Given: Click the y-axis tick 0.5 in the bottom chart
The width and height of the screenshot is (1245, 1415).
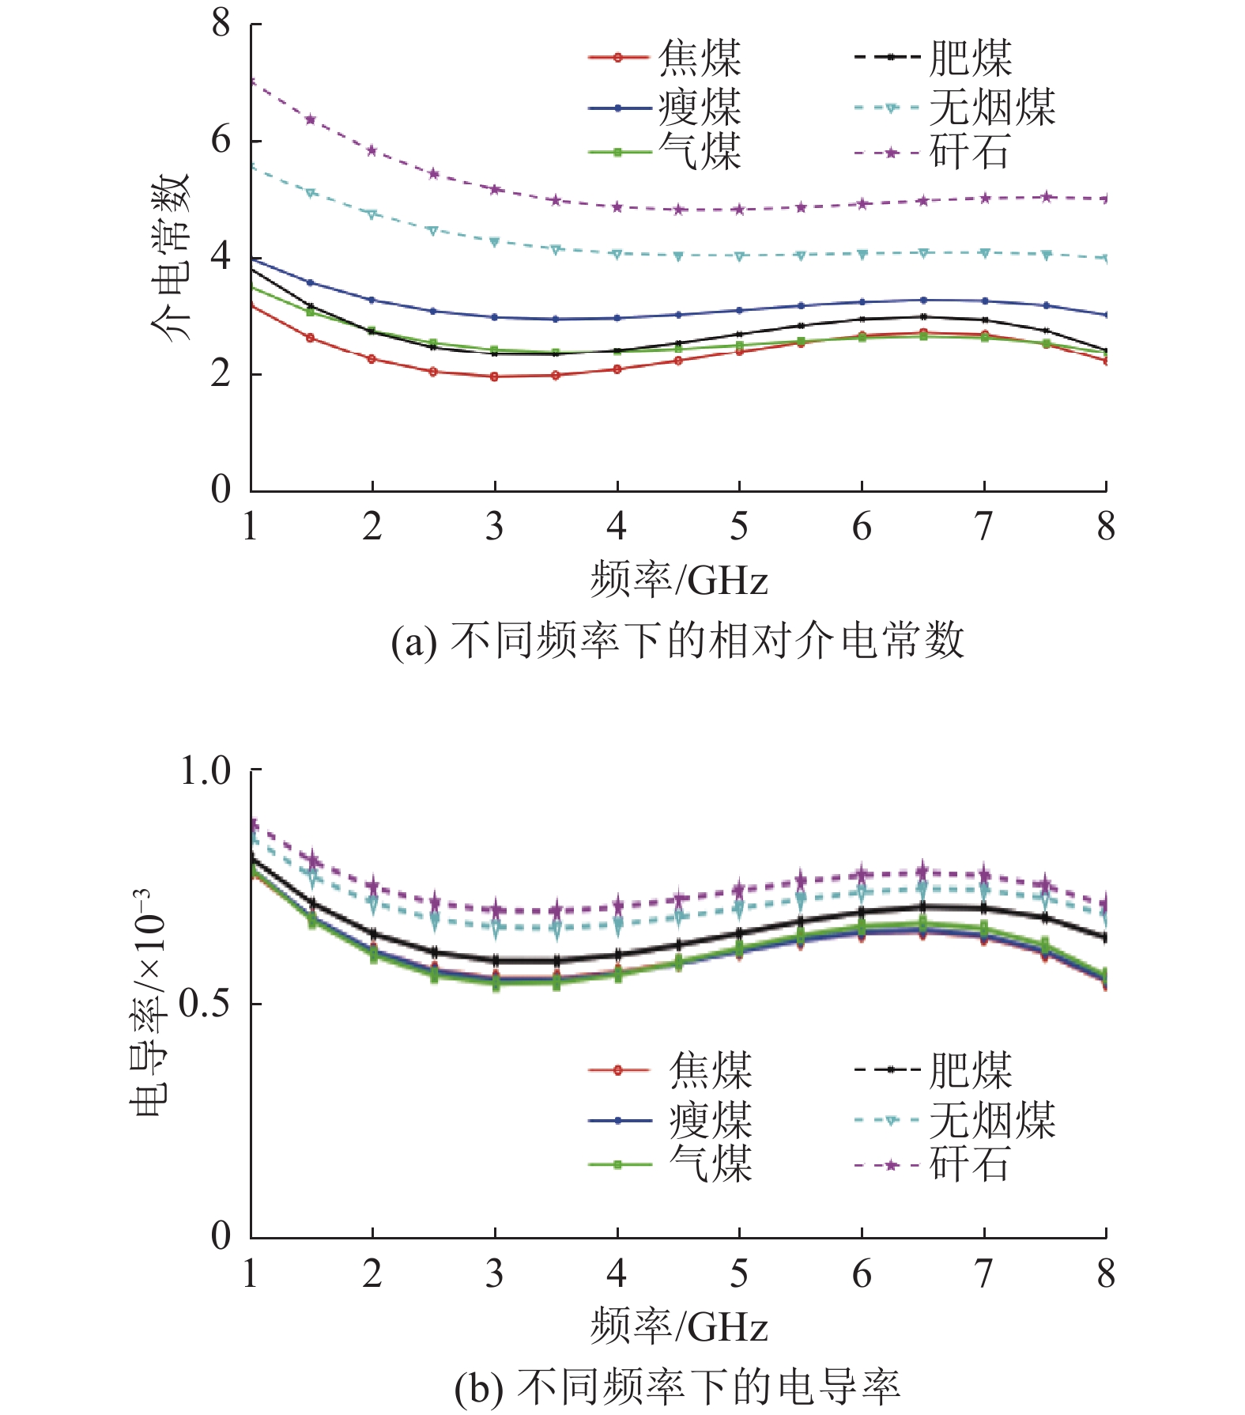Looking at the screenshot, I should [204, 1004].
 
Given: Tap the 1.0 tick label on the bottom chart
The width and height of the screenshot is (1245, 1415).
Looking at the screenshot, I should [205, 770].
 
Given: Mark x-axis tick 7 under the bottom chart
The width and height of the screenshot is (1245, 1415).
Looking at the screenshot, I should [983, 1274].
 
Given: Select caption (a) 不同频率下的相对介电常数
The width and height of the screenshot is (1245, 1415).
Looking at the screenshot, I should [677, 640].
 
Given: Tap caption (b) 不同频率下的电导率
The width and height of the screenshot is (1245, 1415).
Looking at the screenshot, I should [677, 1387].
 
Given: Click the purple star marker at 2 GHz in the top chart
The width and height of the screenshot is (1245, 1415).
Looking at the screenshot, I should [372, 150].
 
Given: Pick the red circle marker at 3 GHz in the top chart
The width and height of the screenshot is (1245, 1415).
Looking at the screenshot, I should [495, 376].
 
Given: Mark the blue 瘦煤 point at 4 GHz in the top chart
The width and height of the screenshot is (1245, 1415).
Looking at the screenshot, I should [617, 318].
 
